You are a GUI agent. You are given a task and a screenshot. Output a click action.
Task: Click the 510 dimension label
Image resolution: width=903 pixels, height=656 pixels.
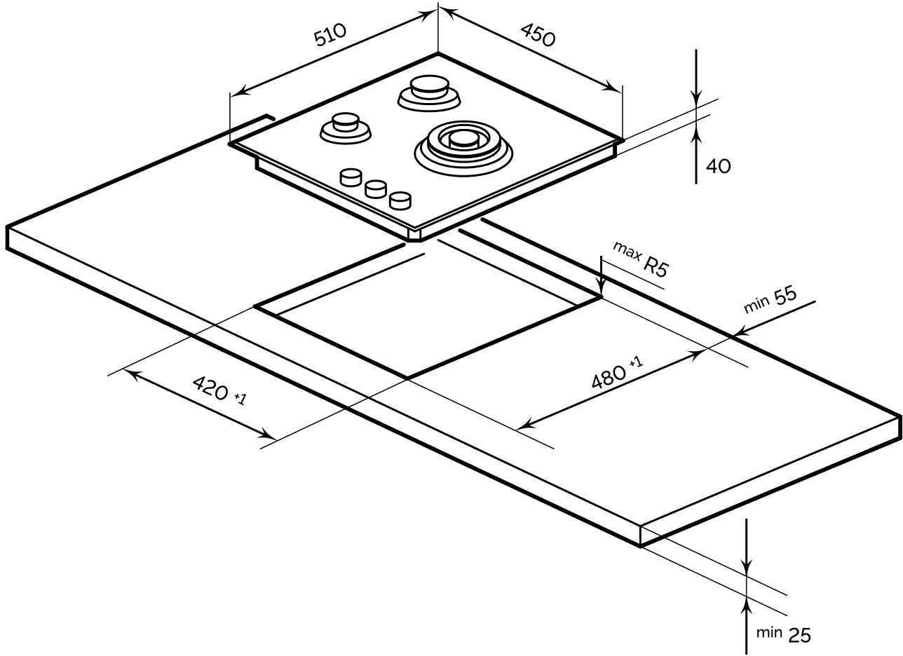coord(330,35)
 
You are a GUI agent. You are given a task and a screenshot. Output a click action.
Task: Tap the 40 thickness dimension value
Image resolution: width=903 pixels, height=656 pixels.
coord(719,166)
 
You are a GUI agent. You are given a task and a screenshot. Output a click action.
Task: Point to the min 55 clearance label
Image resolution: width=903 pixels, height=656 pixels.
coord(770,301)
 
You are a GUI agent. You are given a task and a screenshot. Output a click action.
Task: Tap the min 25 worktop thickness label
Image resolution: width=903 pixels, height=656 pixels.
coord(784,634)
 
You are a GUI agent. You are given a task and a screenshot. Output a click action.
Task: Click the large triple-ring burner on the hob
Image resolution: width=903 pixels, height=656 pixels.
coord(463,144)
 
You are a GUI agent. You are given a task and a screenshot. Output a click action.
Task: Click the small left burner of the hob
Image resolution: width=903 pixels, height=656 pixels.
coord(345,128)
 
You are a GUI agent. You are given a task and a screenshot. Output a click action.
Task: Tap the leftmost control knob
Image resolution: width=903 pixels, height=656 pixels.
coord(350,177)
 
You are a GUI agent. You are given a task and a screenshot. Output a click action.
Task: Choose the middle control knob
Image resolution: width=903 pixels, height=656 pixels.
coord(375,189)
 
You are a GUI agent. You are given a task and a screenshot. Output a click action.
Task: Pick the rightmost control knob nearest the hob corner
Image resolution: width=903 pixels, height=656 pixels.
coord(400,200)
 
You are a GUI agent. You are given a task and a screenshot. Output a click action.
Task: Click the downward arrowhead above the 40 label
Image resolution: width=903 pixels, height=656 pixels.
coord(695,101)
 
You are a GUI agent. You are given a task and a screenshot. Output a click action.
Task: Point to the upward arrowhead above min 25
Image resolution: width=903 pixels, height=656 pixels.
coord(747,603)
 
